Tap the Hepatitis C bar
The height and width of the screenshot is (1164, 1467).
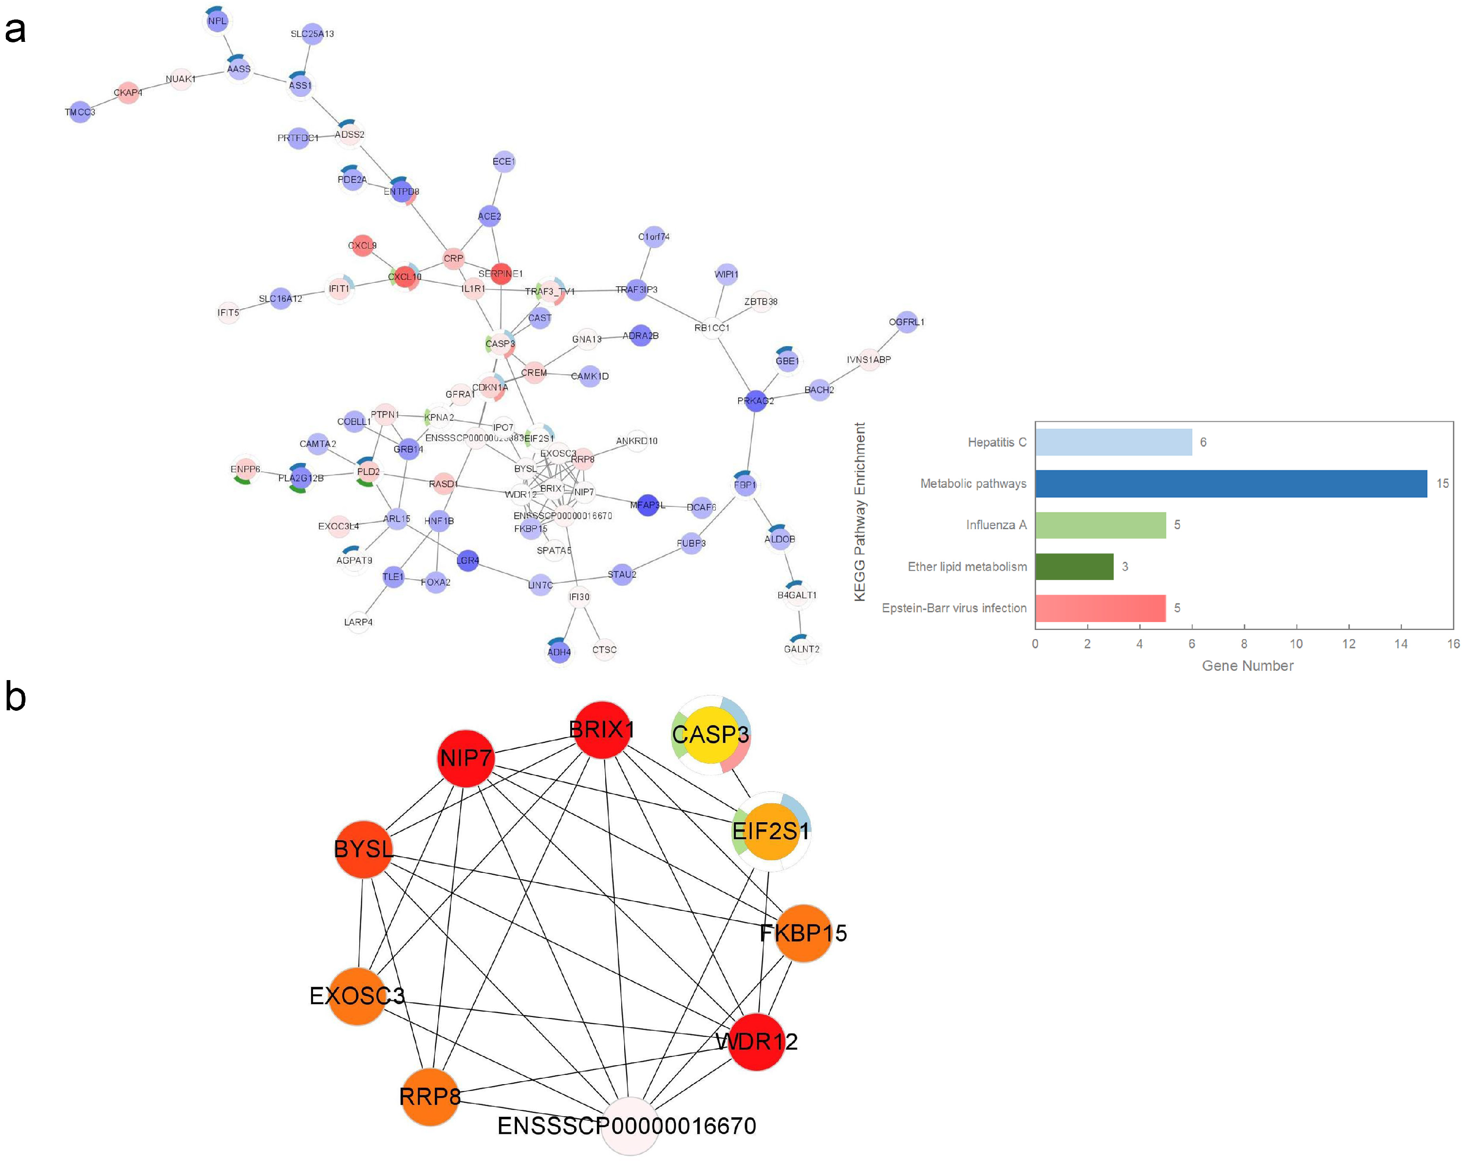point(1113,442)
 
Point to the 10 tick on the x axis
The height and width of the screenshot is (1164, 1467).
point(1296,644)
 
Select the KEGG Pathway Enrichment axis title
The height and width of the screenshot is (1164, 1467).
point(860,512)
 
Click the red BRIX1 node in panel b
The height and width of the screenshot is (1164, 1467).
point(601,730)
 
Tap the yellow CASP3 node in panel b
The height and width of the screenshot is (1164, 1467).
point(710,735)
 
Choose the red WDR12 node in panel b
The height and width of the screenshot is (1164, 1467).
point(756,1041)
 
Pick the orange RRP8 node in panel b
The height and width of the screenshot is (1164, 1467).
point(429,1097)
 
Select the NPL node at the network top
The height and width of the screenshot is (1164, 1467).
point(218,21)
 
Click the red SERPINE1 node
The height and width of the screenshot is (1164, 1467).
point(501,274)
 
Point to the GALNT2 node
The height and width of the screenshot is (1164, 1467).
point(801,649)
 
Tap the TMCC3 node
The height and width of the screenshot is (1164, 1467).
point(80,112)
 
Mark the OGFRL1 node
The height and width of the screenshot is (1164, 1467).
point(906,322)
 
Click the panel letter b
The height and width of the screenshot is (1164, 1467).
point(15,697)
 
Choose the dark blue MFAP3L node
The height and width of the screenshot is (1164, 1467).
point(647,505)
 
